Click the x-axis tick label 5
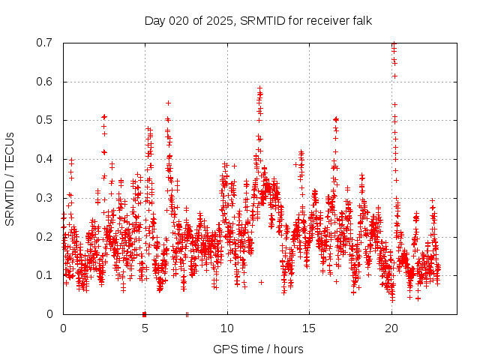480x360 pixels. tap(145, 328)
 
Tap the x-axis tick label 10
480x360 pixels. tap(227, 328)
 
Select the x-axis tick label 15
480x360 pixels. tap(309, 328)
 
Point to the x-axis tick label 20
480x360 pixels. tap(391, 328)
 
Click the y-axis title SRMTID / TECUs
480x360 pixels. tap(10, 178)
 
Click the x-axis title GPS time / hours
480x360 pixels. tap(258, 349)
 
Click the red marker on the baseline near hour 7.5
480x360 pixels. tap(187, 313)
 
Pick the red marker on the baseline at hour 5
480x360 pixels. tap(144, 313)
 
